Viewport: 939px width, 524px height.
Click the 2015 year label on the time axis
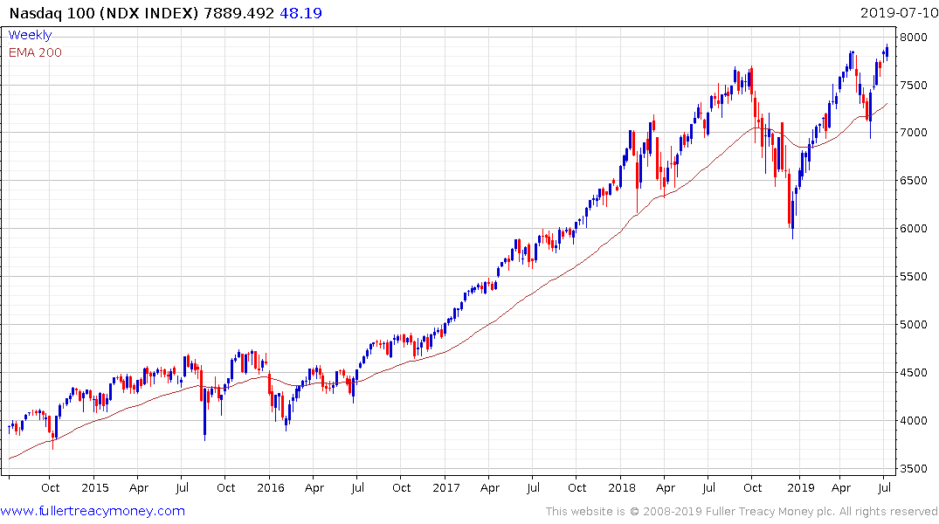[94, 487]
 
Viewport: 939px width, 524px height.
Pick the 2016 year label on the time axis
[270, 487]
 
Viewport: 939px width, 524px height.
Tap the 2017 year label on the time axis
[445, 487]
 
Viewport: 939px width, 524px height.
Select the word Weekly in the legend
[30, 35]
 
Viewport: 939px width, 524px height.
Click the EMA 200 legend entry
[35, 52]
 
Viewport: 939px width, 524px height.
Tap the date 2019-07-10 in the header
[898, 13]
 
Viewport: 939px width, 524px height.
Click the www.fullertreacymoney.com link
[93, 511]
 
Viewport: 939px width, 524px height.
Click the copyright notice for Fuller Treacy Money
[742, 512]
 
